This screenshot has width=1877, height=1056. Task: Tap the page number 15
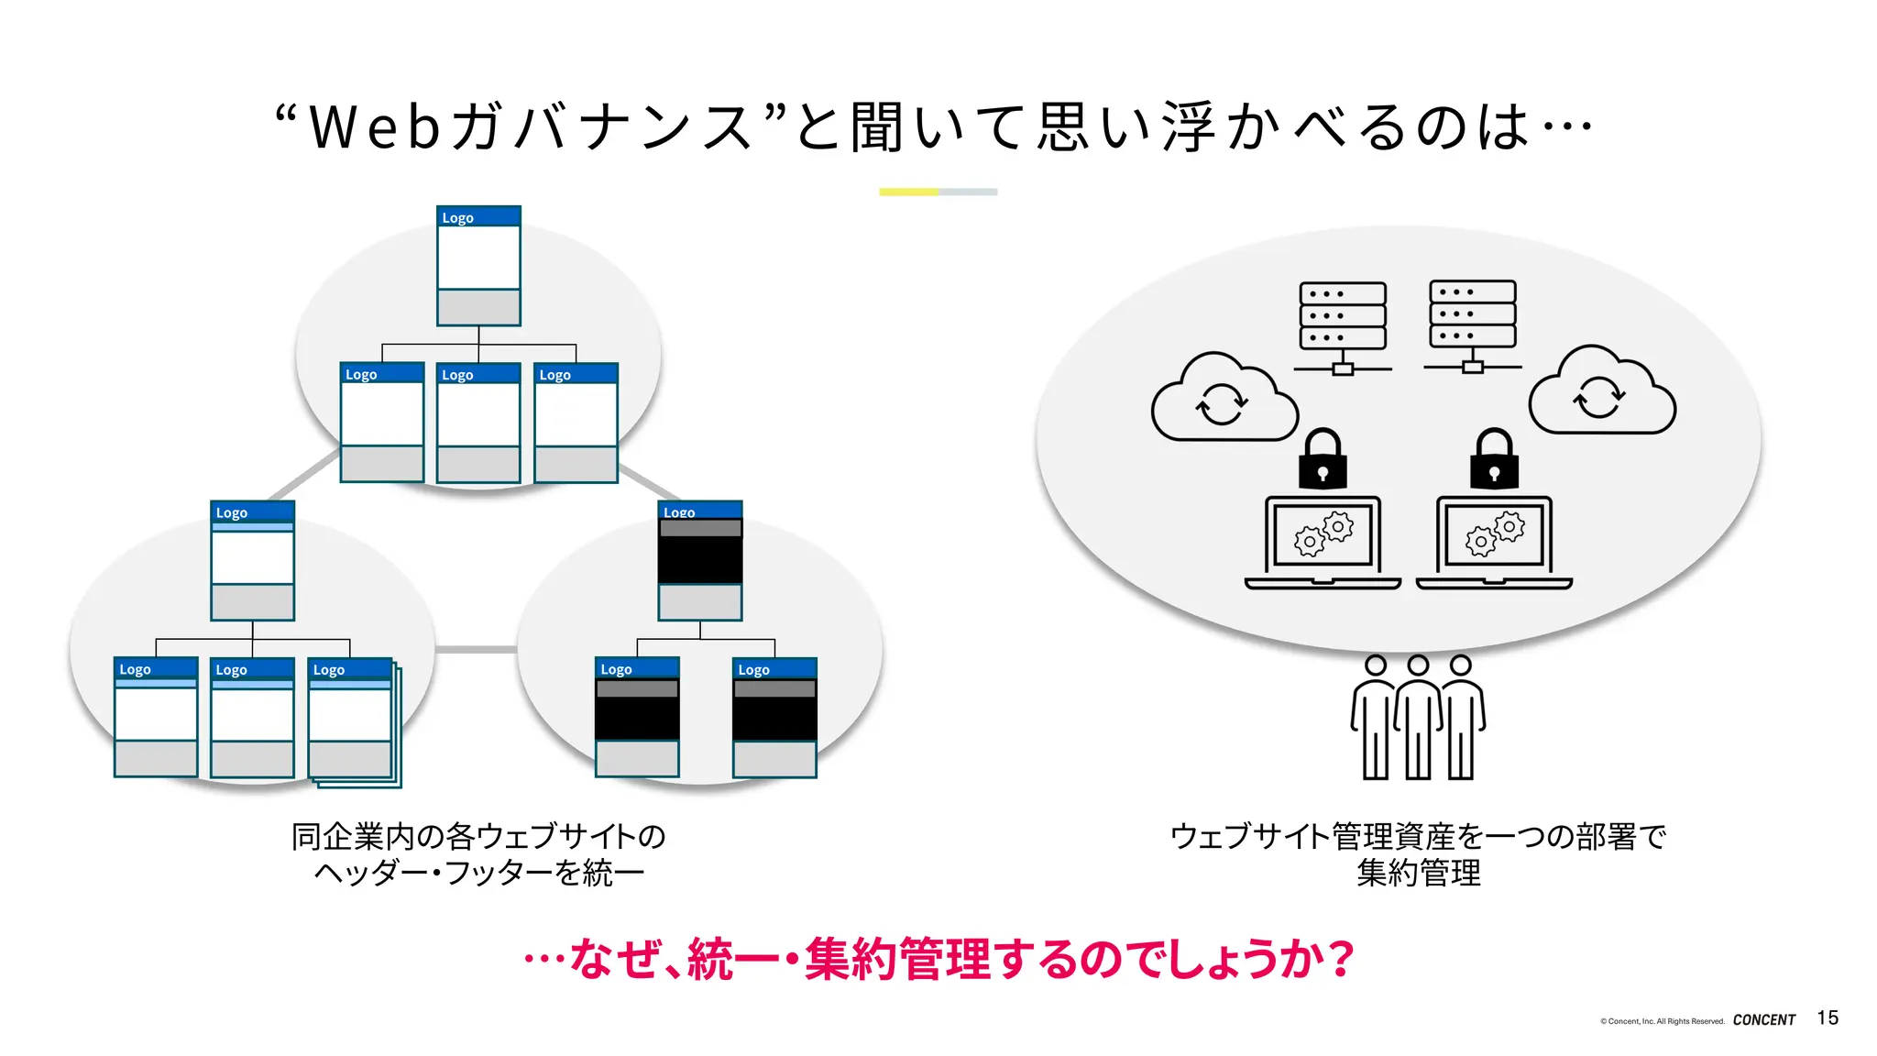[1828, 1017]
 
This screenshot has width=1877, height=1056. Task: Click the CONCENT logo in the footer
[1763, 1019]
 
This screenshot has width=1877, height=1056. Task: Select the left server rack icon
[1343, 325]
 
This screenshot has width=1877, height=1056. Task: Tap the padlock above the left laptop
[1323, 460]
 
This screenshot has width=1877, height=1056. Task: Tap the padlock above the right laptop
[1494, 460]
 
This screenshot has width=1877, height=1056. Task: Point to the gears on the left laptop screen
[1323, 534]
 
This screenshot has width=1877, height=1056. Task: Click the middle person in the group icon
[1418, 720]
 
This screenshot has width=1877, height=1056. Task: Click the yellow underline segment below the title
[908, 192]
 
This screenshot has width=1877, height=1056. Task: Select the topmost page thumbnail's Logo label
[458, 217]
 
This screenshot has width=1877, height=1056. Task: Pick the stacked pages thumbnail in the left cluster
[354, 720]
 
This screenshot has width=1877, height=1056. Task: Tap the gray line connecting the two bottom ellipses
[476, 649]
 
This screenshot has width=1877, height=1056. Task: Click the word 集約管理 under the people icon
[1418, 873]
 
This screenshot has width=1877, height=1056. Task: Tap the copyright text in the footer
[1662, 1020]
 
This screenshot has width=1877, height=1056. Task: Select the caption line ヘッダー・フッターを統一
[478, 873]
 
